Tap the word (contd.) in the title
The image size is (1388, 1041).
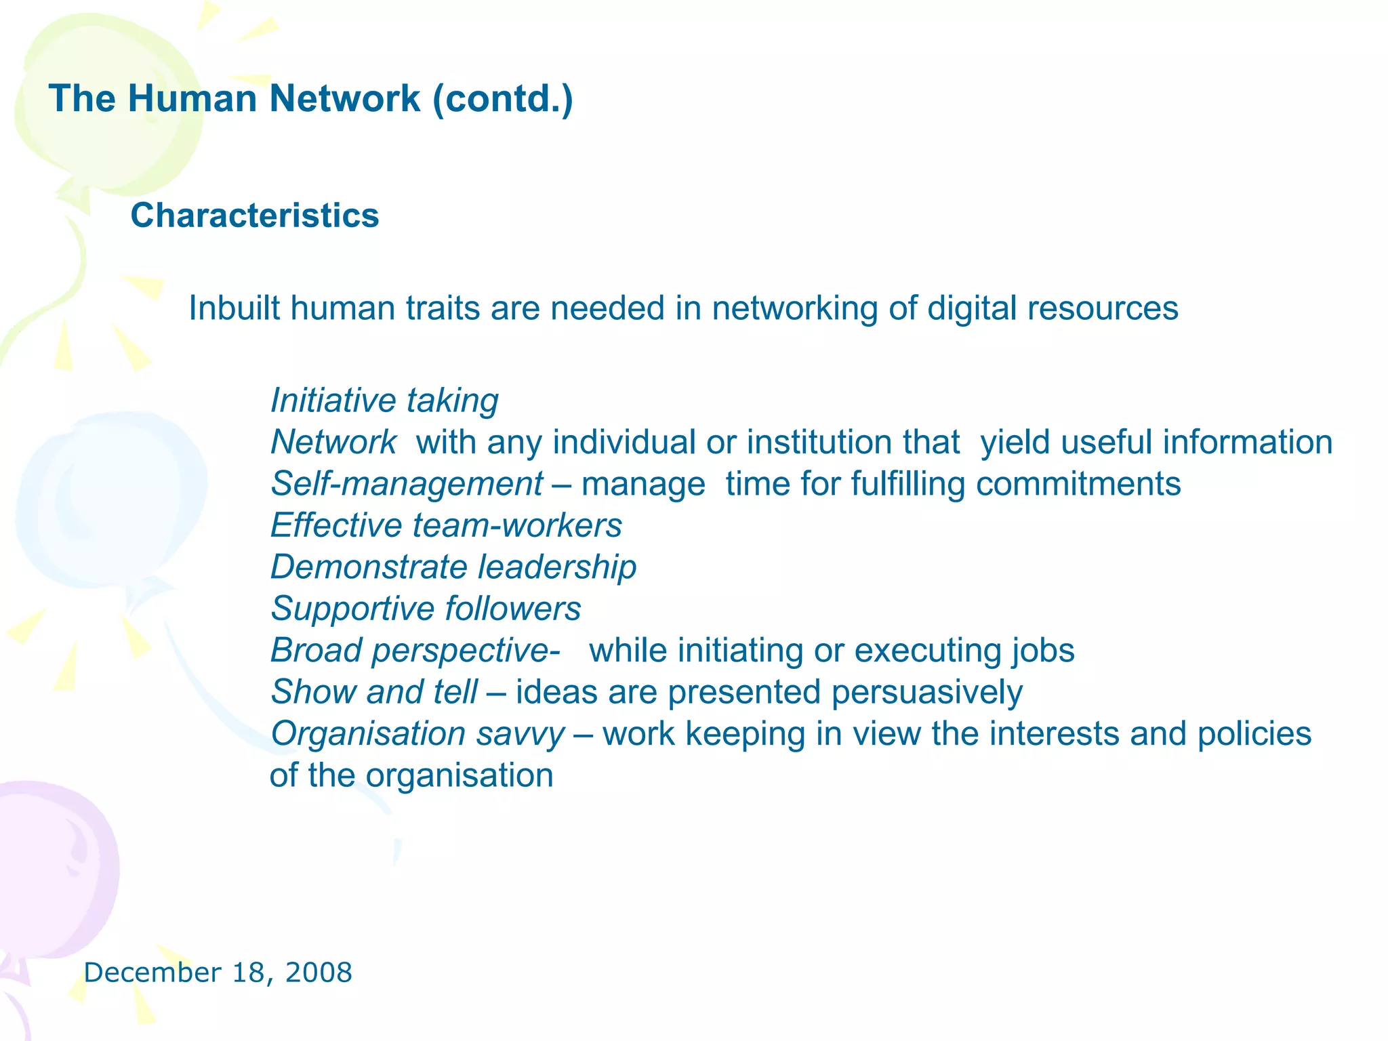click(x=503, y=100)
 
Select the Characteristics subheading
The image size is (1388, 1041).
click(x=254, y=216)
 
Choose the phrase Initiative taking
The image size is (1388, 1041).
click(x=384, y=401)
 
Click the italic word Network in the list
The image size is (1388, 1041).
click(x=333, y=442)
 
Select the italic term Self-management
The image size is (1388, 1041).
click(x=407, y=484)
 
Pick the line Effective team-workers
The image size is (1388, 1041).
click(x=446, y=525)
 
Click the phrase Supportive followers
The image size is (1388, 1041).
click(x=426, y=609)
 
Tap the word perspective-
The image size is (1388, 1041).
click(x=466, y=651)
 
